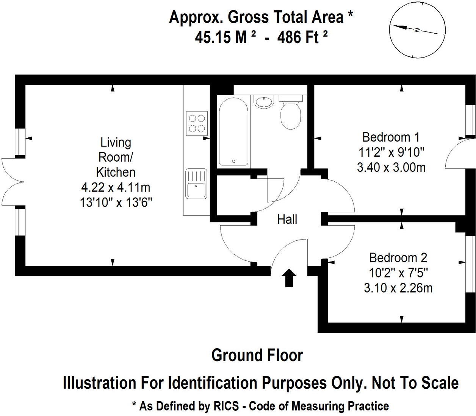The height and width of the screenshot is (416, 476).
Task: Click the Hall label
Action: coord(287,220)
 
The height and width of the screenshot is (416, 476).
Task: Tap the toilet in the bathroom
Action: coord(291,112)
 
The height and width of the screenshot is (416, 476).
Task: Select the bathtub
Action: coord(233,132)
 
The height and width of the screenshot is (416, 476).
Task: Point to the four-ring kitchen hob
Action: coord(197,123)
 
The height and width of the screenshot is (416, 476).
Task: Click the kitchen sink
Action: coord(196,184)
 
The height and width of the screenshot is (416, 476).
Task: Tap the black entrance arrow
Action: coord(289,277)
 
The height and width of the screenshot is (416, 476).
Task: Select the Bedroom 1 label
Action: coord(391,137)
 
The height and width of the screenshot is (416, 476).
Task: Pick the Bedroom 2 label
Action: coord(398,258)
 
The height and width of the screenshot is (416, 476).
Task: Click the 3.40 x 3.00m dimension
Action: coord(391,168)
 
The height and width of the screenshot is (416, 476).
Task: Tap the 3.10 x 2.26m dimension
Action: coord(398,288)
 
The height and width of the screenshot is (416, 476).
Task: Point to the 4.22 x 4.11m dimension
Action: coord(116,187)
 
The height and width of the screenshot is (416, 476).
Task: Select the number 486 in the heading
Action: coord(288,37)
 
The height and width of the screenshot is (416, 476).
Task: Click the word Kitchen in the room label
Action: coord(116,173)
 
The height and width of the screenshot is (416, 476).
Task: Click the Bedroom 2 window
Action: coord(470,264)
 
